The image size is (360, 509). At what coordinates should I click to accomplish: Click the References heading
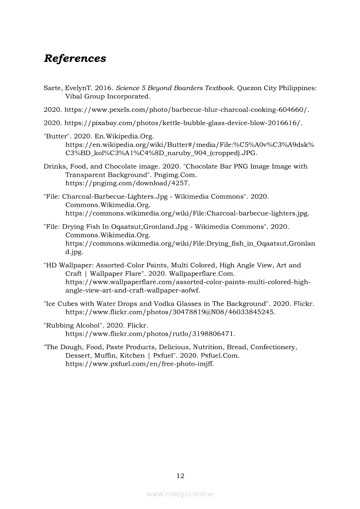coord(75,58)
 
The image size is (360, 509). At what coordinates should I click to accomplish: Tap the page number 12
coord(180,476)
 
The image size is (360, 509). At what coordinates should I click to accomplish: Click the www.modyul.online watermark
coord(180,494)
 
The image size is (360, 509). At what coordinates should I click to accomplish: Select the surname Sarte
coord(53,88)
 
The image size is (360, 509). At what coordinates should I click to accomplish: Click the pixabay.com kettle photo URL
coord(183,123)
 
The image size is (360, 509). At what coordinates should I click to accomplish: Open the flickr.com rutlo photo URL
coord(150,334)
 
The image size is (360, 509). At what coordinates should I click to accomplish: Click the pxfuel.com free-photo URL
coord(139,364)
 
